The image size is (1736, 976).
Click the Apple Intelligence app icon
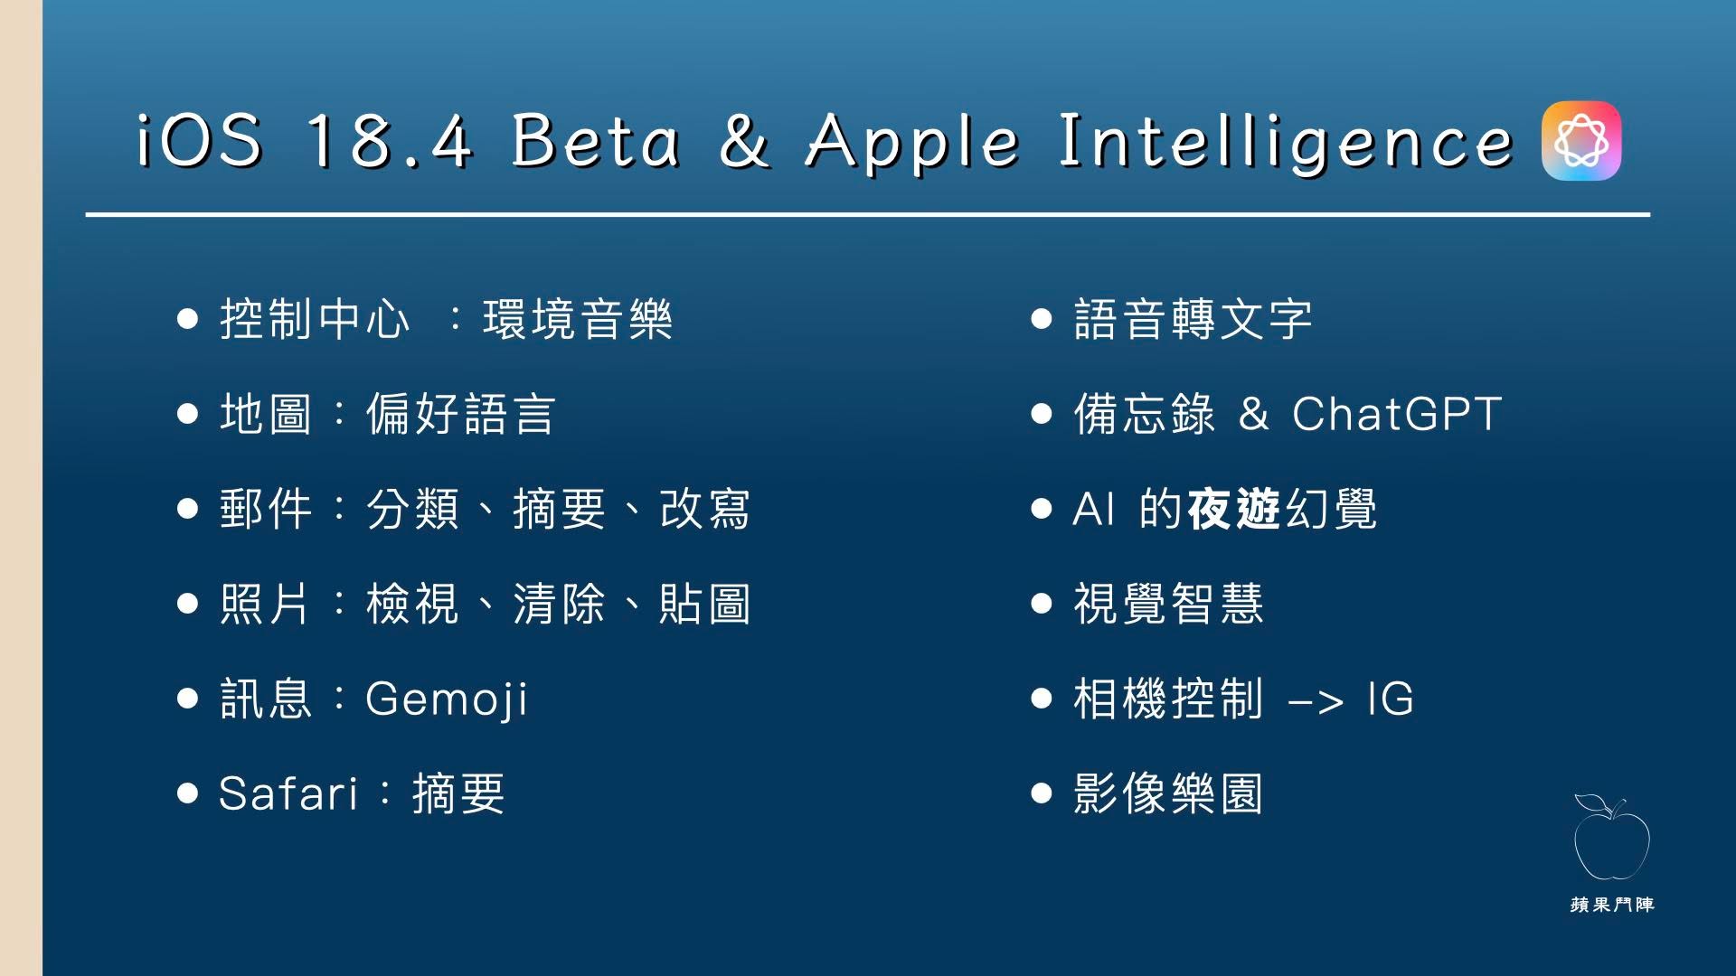[1581, 140]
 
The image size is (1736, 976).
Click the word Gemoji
[447, 699]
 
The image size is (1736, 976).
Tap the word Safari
[288, 793]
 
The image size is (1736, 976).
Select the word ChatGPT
[1397, 414]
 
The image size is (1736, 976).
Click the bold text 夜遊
[1234, 509]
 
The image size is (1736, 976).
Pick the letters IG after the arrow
[1391, 699]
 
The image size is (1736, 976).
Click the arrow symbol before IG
[1316, 701]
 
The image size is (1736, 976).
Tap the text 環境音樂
[578, 319]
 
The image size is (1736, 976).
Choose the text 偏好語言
[460, 414]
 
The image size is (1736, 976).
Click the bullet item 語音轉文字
[1193, 319]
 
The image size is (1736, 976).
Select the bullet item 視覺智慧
[1168, 604]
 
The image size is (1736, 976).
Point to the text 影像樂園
[1168, 793]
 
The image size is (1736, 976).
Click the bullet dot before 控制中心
[187, 319]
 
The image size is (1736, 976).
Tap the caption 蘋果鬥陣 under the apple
[1612, 905]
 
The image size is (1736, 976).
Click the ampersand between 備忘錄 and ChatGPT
[1253, 414]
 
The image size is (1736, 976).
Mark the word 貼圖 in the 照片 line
[704, 604]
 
